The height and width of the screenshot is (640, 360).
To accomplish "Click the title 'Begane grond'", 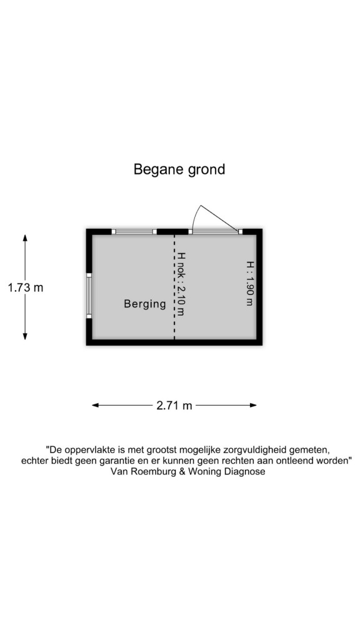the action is (x=179, y=169).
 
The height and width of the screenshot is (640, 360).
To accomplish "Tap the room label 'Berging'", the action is (x=145, y=304).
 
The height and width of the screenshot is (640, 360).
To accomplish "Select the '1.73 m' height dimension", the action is (x=25, y=287).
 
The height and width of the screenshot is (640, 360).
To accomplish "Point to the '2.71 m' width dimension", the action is (x=174, y=406).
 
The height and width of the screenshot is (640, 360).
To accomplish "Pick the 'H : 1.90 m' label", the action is (x=249, y=283).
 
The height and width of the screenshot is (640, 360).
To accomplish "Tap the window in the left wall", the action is (x=89, y=296).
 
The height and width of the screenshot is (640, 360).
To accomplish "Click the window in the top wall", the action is (x=134, y=231).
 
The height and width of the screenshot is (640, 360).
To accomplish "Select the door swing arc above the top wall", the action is (x=196, y=216).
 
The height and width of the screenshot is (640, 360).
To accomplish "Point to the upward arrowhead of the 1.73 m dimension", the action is (x=25, y=237).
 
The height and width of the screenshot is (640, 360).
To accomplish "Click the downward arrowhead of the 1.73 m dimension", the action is (x=25, y=336).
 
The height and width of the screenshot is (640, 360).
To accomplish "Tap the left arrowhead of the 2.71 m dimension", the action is (x=95, y=405).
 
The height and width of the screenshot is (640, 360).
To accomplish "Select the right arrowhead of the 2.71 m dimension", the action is (x=253, y=405).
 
